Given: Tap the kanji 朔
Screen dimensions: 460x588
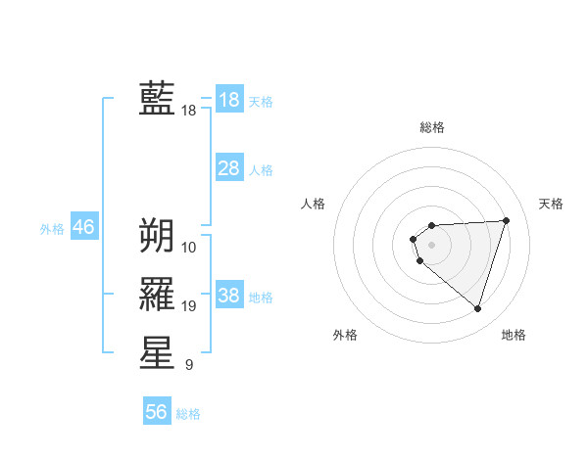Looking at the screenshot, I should (157, 235).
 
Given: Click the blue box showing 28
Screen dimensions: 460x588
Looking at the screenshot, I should (229, 168).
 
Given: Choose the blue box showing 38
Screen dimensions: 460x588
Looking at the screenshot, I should (229, 296).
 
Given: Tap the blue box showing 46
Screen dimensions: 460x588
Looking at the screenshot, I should (83, 227).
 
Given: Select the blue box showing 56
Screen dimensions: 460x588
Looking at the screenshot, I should (157, 412).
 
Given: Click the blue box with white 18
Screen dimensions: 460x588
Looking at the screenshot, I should (229, 100).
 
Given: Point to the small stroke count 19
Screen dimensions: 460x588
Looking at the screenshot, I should (189, 306).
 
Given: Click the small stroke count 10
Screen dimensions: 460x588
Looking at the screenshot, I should (189, 247).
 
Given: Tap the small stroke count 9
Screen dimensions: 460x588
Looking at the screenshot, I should (189, 366).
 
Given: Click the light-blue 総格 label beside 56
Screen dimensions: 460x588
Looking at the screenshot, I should (188, 414).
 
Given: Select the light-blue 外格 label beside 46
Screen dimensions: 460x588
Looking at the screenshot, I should (52, 229).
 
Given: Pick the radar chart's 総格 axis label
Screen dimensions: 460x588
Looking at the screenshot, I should (432, 127).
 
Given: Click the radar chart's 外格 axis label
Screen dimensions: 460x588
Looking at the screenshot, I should (345, 335).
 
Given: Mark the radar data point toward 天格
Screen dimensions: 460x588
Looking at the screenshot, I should (506, 220).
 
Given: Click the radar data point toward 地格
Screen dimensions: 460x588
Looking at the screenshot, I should (477, 309).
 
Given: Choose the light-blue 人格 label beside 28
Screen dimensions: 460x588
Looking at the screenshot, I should (261, 170).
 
